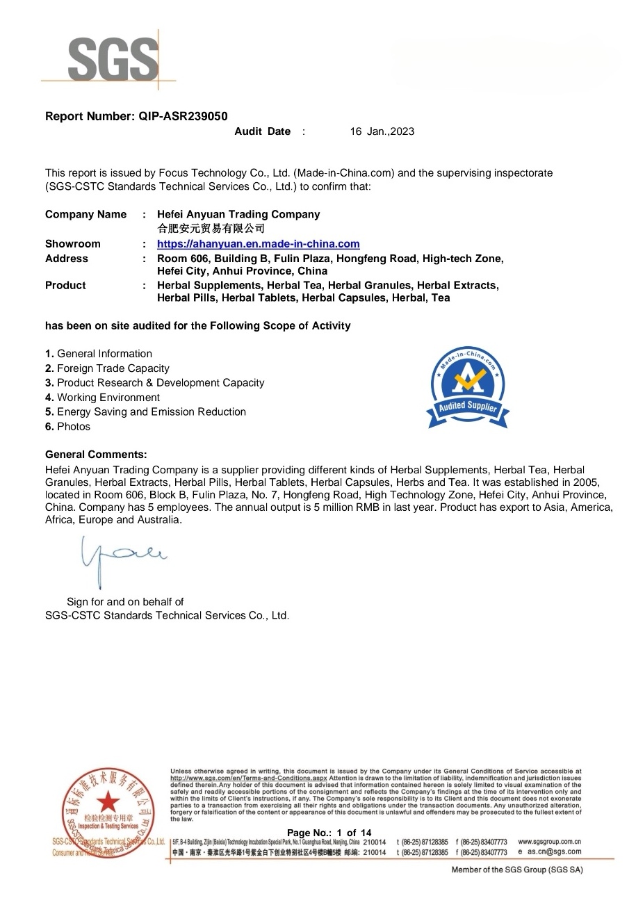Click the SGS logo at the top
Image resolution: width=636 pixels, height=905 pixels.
tap(113, 60)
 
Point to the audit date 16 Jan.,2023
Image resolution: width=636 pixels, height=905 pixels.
tap(382, 131)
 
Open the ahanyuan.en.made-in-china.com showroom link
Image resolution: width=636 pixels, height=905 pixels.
tap(258, 244)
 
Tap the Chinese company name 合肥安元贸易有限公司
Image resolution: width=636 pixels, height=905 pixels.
tap(211, 228)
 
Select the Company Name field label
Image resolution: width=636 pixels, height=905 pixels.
tap(85, 214)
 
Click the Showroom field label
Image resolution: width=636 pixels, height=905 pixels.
tap(72, 244)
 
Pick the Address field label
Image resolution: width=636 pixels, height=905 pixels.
tap(67, 259)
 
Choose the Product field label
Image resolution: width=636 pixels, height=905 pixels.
tap(65, 286)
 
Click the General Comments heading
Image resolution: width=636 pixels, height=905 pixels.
tap(96, 455)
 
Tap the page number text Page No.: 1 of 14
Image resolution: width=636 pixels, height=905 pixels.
tap(329, 833)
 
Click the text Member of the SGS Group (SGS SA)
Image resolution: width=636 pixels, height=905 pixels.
tap(517, 870)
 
